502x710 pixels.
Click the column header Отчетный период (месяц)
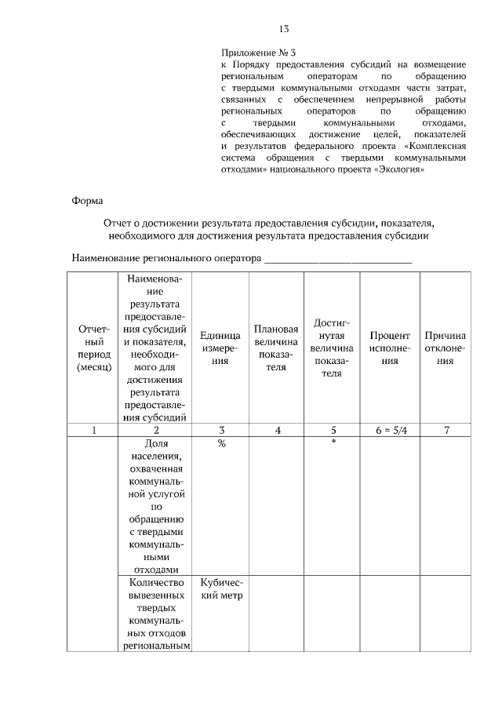pos(94,347)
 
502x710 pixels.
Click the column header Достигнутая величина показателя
pos(333,348)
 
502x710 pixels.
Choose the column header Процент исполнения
pos(390,348)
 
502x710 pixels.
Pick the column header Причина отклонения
pos(445,348)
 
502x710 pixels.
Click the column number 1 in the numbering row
pos(94,430)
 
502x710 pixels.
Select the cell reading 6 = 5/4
pos(390,430)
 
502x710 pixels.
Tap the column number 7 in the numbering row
pos(445,430)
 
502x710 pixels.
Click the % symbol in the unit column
pos(222,443)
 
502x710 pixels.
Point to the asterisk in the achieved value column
pos(333,443)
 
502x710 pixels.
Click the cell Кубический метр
pos(222,588)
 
